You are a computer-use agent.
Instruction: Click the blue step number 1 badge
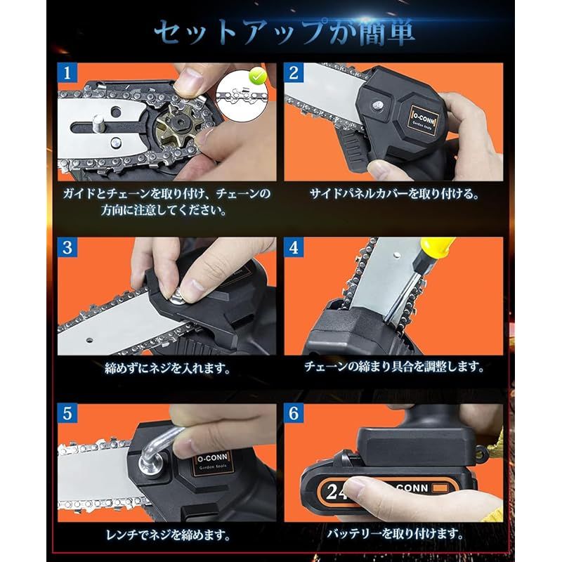[x=67, y=73]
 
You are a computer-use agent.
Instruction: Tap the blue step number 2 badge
[x=294, y=73]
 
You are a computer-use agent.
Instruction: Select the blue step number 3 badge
[x=67, y=247]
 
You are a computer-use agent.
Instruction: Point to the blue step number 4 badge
[x=294, y=247]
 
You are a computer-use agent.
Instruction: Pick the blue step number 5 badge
[x=67, y=413]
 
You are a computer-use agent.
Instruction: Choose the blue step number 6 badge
[x=294, y=413]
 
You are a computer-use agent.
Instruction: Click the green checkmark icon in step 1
[x=258, y=77]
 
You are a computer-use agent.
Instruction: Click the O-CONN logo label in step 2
[x=424, y=120]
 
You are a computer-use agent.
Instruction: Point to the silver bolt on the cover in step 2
[x=377, y=105]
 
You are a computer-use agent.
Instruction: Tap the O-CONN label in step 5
[x=213, y=462]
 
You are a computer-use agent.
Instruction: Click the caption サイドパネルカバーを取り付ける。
[x=394, y=194]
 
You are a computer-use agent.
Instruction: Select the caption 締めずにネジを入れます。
[x=167, y=368]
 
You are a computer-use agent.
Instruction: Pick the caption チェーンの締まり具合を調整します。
[x=394, y=367]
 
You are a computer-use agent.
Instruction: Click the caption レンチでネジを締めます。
[x=168, y=535]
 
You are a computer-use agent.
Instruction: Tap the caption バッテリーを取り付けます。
[x=395, y=534]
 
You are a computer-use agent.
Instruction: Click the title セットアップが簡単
[x=285, y=32]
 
